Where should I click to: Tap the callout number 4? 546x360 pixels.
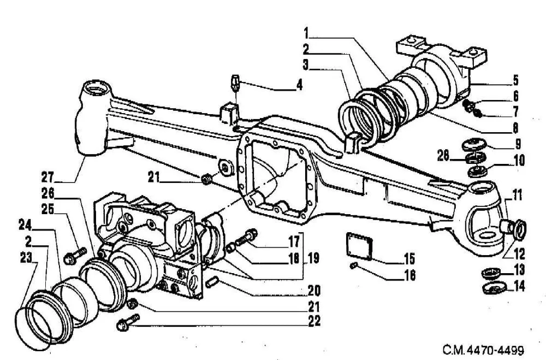click(299, 85)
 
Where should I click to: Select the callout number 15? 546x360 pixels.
click(410, 258)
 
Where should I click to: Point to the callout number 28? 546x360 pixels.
click(443, 156)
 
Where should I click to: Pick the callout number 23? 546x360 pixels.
click(26, 257)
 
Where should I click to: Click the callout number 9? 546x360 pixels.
click(518, 144)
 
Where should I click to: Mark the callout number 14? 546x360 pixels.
click(519, 286)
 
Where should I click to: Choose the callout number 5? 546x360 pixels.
click(515, 80)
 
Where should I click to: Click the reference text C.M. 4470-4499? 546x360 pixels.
click(483, 350)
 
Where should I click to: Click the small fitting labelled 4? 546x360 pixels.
click(236, 82)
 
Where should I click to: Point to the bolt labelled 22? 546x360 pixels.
click(128, 322)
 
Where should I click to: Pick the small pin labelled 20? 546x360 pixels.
click(212, 281)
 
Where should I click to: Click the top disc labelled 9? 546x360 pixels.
click(474, 144)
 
